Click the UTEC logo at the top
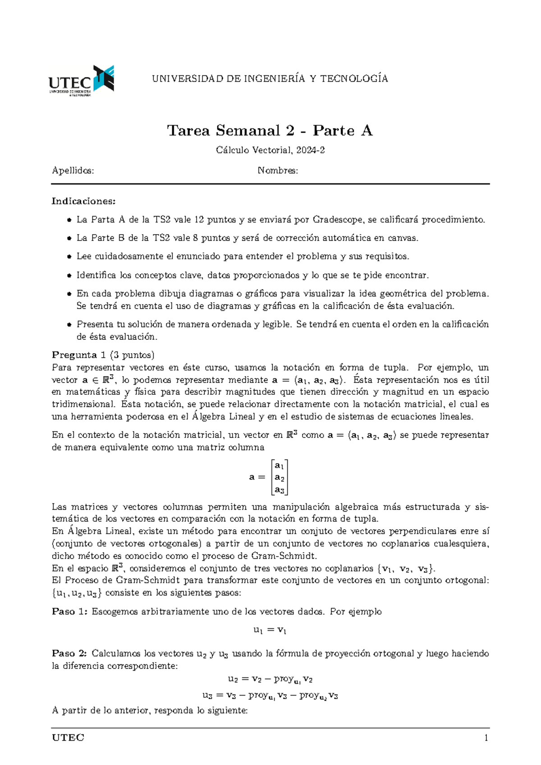click(x=81, y=81)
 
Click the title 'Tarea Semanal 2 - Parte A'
click(x=270, y=131)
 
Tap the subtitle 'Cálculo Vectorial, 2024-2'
click(x=270, y=150)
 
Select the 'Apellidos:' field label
click(x=73, y=171)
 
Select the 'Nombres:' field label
click(x=278, y=171)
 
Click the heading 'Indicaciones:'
click(x=83, y=201)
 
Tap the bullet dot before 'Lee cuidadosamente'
click(x=69, y=257)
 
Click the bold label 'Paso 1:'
click(x=70, y=612)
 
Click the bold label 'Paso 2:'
click(x=70, y=654)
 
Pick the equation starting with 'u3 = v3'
click(x=270, y=696)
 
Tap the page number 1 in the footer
click(x=486, y=738)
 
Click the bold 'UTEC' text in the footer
click(x=68, y=738)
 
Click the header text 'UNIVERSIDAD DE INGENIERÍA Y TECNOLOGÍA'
click(x=270, y=79)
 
